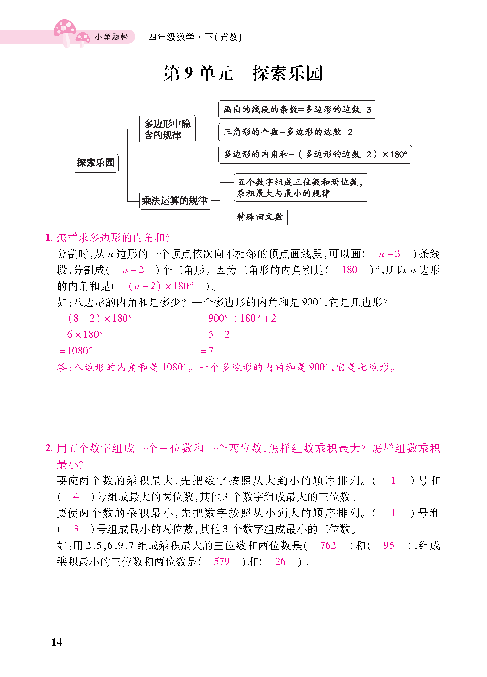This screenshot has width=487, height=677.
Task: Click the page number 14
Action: (x=57, y=642)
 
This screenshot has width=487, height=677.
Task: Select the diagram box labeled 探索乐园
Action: (x=95, y=163)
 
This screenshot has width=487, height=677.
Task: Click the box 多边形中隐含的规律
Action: (x=167, y=129)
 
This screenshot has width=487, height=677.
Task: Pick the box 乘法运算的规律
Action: (x=175, y=201)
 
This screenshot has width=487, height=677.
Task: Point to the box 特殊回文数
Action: (x=260, y=217)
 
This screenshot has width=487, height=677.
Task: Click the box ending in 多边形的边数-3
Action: (x=297, y=110)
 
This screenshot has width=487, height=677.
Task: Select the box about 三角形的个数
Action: (x=287, y=132)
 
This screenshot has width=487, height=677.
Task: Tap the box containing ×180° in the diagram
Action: (x=315, y=154)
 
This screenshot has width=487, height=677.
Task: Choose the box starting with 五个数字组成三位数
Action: (x=301, y=187)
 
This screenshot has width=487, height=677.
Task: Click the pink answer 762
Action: (x=328, y=545)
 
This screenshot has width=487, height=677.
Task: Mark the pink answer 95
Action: (x=388, y=545)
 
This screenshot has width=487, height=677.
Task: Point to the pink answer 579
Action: (x=222, y=561)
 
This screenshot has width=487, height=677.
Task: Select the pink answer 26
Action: (x=280, y=561)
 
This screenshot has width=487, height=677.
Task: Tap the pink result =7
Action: (x=207, y=351)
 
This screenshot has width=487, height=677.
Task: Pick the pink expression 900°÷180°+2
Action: (x=242, y=318)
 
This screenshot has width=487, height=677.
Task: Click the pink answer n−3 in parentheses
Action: (x=389, y=254)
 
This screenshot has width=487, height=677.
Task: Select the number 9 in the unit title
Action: (x=189, y=73)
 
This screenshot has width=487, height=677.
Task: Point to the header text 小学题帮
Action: (x=111, y=37)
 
